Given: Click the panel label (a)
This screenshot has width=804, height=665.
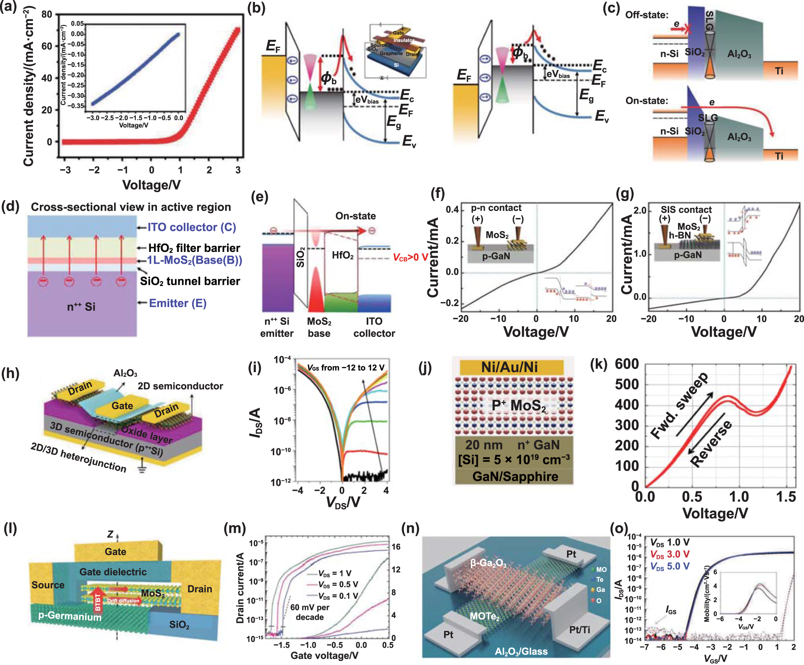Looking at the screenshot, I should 8,7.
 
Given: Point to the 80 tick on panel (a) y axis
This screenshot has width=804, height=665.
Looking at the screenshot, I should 47,15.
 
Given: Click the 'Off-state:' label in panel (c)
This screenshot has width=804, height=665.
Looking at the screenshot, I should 647,15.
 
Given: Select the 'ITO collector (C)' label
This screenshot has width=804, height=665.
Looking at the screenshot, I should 191,227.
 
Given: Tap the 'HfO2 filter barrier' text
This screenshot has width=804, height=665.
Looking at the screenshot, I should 194,248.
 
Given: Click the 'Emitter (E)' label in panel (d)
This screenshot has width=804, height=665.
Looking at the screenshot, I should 178,303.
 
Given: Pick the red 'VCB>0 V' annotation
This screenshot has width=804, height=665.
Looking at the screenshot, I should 410,257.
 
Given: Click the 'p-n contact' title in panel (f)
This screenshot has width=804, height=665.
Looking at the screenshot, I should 496,208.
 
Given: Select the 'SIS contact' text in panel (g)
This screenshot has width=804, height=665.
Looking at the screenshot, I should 686,210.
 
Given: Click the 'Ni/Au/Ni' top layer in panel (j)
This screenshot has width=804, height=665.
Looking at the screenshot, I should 509,367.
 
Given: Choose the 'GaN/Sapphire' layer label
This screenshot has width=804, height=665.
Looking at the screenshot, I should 515,476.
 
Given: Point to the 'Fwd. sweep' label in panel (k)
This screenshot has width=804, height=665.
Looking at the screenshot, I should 680,405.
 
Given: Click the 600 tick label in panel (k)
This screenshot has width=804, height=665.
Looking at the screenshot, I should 627,364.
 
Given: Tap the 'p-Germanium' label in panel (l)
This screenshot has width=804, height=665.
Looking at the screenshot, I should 70,616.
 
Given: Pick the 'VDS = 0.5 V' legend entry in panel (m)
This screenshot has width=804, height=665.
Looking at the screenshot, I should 338,585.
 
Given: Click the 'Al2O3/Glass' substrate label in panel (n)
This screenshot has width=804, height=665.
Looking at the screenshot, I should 521,651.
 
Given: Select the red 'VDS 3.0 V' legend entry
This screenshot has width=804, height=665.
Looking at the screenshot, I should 670,554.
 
